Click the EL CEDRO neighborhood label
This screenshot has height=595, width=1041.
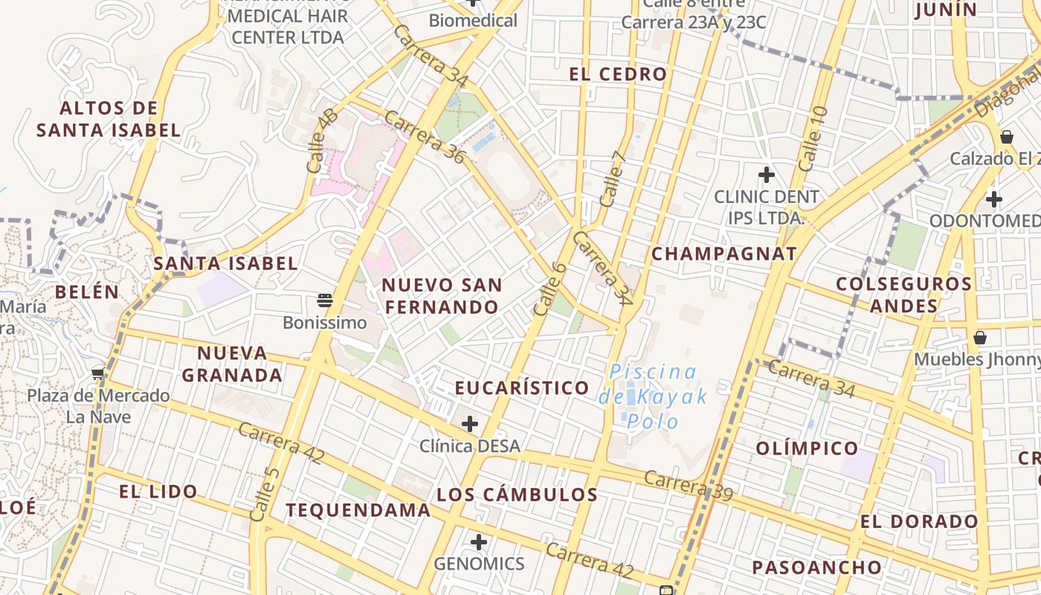(618, 74)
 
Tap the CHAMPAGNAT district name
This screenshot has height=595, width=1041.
(723, 254)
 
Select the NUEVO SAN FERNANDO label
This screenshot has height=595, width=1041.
(442, 296)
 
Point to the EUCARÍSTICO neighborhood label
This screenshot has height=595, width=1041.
(521, 388)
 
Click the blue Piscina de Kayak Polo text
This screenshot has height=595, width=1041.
(654, 396)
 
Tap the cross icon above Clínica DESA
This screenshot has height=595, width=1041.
(469, 424)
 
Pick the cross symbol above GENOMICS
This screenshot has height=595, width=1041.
(479, 541)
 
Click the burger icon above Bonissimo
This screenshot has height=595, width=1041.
(324, 300)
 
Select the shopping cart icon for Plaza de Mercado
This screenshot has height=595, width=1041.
(98, 373)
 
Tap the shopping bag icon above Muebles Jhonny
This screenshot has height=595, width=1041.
(980, 338)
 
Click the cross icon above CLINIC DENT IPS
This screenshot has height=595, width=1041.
(766, 176)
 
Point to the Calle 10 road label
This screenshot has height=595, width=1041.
(812, 138)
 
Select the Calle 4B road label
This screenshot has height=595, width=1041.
(322, 141)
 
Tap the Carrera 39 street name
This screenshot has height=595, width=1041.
(689, 486)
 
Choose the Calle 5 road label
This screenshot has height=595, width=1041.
(265, 495)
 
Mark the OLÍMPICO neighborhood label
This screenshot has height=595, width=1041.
(807, 448)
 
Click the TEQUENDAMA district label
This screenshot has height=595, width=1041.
(358, 510)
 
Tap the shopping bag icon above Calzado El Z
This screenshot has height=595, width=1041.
(1006, 137)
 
